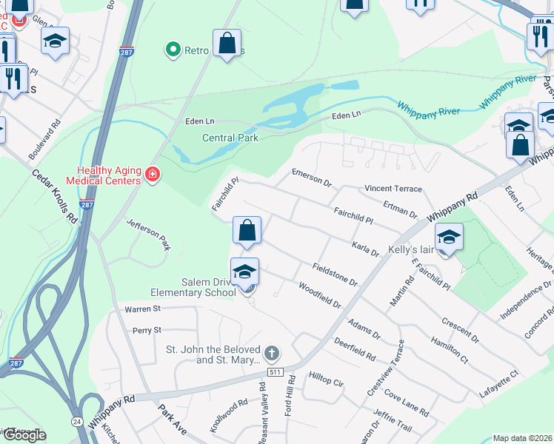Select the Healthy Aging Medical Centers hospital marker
click(x=153, y=175)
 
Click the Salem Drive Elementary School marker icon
click(x=244, y=274)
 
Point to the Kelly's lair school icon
click(x=449, y=238)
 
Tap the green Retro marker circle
click(x=173, y=50)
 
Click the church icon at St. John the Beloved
click(x=272, y=353)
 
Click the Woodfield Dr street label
click(x=319, y=295)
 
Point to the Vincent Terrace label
click(x=393, y=189)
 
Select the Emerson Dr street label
click(x=311, y=177)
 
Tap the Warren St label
click(x=142, y=309)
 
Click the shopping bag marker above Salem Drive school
click(x=247, y=231)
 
